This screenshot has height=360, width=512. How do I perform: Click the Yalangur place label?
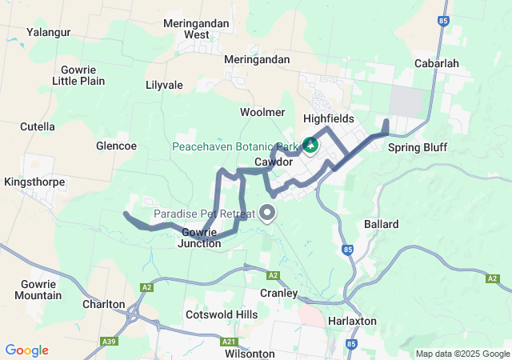[48, 32]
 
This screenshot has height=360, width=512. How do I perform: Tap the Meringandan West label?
[196, 29]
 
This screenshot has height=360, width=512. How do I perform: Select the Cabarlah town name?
[437, 63]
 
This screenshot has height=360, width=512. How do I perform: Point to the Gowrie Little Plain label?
[78, 75]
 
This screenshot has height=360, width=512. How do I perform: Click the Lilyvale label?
[164, 85]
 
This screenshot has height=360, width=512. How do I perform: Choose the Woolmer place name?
[262, 112]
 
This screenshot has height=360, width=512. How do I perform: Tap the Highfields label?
[328, 118]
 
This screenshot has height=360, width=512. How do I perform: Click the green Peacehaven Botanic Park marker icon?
[310, 146]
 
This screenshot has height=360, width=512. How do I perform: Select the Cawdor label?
[273, 162]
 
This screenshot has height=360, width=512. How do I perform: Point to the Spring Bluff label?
[417, 147]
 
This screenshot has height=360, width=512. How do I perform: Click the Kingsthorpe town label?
[33, 182]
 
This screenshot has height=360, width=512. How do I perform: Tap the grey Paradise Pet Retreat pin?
[267, 213]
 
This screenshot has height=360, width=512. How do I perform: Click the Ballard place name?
[381, 224]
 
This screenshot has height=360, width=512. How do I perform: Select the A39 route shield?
[112, 342]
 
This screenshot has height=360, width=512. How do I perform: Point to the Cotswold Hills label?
[222, 315]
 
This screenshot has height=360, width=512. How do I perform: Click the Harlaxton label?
[353, 321]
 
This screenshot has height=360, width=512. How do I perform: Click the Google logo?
[27, 350]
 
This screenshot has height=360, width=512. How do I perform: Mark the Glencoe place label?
[116, 146]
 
